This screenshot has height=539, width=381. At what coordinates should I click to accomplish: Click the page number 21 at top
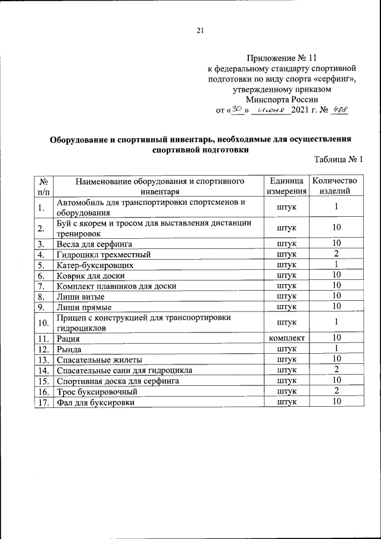click(200, 32)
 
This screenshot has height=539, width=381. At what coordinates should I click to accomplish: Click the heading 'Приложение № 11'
click(283, 58)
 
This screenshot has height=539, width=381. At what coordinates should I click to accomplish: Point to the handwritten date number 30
click(237, 110)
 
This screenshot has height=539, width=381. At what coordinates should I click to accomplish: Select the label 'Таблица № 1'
click(338, 160)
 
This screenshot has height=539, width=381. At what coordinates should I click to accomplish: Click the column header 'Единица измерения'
click(287, 186)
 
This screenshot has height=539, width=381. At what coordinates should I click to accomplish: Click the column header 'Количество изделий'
click(336, 186)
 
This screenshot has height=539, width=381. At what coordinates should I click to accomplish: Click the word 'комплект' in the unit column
click(287, 338)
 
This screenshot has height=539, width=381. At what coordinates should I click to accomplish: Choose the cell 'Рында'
click(69, 348)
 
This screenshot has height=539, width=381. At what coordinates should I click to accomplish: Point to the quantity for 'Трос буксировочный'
click(336, 391)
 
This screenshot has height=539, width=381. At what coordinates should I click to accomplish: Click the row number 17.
click(42, 402)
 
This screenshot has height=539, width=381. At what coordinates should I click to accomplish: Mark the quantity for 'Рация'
click(336, 338)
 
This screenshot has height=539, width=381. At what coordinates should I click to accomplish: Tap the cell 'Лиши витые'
click(80, 296)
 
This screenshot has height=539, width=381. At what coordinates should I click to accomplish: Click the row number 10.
click(42, 322)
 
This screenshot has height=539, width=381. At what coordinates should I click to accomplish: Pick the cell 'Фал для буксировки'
click(95, 402)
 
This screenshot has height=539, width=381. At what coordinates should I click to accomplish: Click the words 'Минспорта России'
click(283, 99)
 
